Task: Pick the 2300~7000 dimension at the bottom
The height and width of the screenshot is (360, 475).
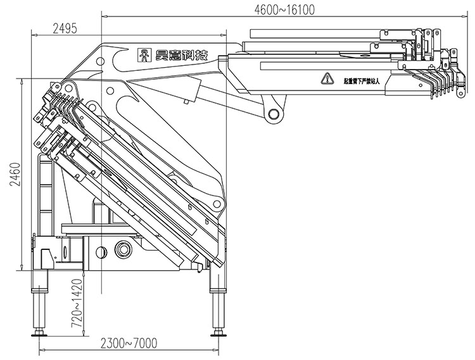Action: pyautogui.click(x=129, y=343)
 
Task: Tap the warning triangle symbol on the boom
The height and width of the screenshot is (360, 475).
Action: pyautogui.click(x=327, y=78)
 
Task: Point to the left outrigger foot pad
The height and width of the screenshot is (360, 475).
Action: pyautogui.click(x=41, y=332)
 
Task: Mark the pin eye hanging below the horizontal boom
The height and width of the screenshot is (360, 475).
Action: pyautogui.click(x=274, y=115)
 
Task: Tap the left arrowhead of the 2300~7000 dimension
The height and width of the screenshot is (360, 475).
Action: pyautogui.click(x=42, y=351)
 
